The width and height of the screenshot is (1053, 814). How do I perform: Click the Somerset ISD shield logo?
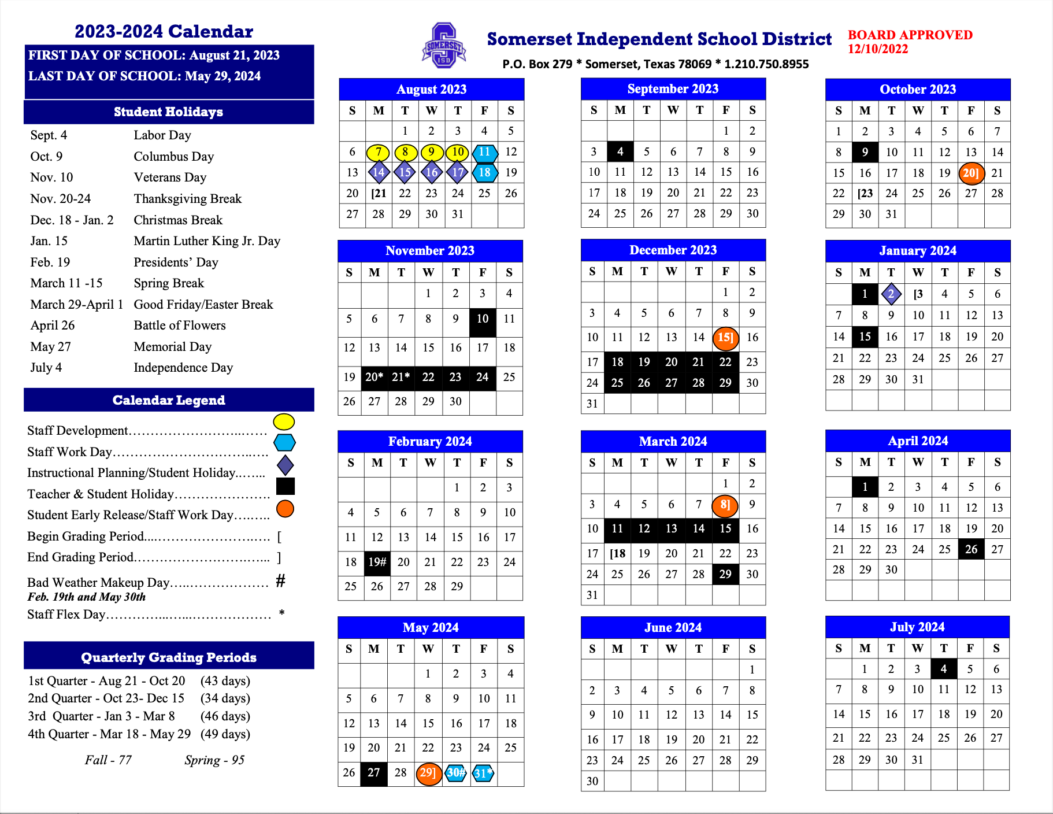tap(444, 46)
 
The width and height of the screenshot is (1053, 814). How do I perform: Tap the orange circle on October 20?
tap(971, 173)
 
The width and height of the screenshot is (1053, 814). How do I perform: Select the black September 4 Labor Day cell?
tap(620, 151)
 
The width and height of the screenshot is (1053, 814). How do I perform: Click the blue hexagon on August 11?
tap(484, 152)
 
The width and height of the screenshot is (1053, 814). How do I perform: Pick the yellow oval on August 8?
tap(405, 152)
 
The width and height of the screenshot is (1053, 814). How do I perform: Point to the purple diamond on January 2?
tap(891, 294)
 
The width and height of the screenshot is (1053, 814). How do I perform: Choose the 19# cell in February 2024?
tap(377, 562)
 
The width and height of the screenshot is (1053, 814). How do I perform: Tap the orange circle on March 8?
tap(725, 505)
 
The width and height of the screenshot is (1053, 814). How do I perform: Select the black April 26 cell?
tap(971, 549)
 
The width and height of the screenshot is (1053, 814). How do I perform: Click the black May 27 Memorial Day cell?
tap(374, 773)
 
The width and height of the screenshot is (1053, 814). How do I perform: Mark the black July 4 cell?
tap(943, 669)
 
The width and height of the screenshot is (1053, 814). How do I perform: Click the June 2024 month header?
tap(673, 627)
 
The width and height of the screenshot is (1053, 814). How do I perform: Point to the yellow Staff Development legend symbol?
tap(284, 421)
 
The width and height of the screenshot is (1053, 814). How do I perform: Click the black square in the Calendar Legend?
tap(286, 486)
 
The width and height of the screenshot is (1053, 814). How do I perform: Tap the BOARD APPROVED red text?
tap(910, 35)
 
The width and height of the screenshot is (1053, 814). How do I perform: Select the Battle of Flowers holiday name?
tap(180, 325)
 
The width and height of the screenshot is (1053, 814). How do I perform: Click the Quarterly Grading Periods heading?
tap(169, 657)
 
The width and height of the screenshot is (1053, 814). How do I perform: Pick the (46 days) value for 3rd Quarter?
tap(225, 716)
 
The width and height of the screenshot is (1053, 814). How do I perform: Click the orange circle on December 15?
tap(725, 338)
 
